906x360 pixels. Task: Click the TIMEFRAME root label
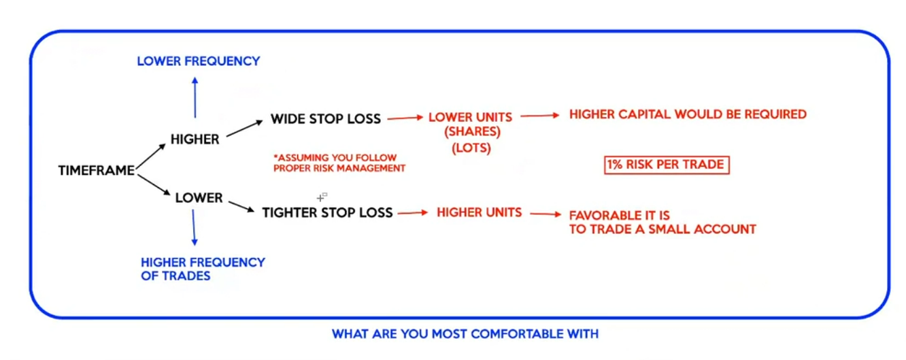point(97,170)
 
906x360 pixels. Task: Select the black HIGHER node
point(195,139)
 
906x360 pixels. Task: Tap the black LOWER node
point(199,197)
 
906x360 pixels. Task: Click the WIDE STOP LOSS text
point(326,118)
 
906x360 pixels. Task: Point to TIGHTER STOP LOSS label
point(327,212)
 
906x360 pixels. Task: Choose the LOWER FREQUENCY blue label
point(198,61)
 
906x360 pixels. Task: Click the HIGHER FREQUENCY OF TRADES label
point(203,269)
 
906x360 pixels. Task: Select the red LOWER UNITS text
point(470,117)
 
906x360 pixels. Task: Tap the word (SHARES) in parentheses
point(472,131)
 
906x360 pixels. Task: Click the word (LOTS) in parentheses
point(471,148)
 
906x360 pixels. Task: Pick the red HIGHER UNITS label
point(480,212)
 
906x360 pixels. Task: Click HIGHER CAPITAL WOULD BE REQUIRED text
point(688,114)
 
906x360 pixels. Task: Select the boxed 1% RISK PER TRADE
point(667,165)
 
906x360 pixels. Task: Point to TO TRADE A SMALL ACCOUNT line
point(662,229)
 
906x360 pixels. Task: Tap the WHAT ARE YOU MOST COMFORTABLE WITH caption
point(465,333)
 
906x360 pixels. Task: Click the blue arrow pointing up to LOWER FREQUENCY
point(195,97)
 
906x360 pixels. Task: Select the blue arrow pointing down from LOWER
point(194,227)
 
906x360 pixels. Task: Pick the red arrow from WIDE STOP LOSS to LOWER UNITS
point(405,118)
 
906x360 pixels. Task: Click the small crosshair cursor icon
point(322,197)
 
